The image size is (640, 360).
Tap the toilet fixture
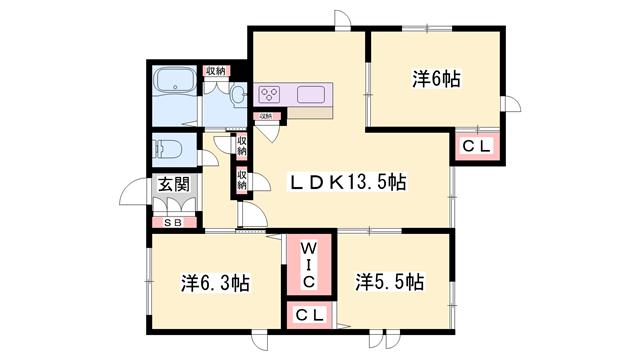pyautogui.click(x=170, y=150)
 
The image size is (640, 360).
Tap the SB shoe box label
pyautogui.click(x=172, y=223)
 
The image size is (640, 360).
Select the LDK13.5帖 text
pyautogui.click(x=348, y=182)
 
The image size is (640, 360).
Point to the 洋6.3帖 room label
pyautogui.click(x=215, y=283)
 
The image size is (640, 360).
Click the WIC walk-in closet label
pyautogui.click(x=309, y=263)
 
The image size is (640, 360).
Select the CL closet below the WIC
pyautogui.click(x=310, y=316)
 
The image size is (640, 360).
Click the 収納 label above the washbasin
pyautogui.click(x=215, y=71)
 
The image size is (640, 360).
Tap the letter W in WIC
pyautogui.click(x=309, y=245)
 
